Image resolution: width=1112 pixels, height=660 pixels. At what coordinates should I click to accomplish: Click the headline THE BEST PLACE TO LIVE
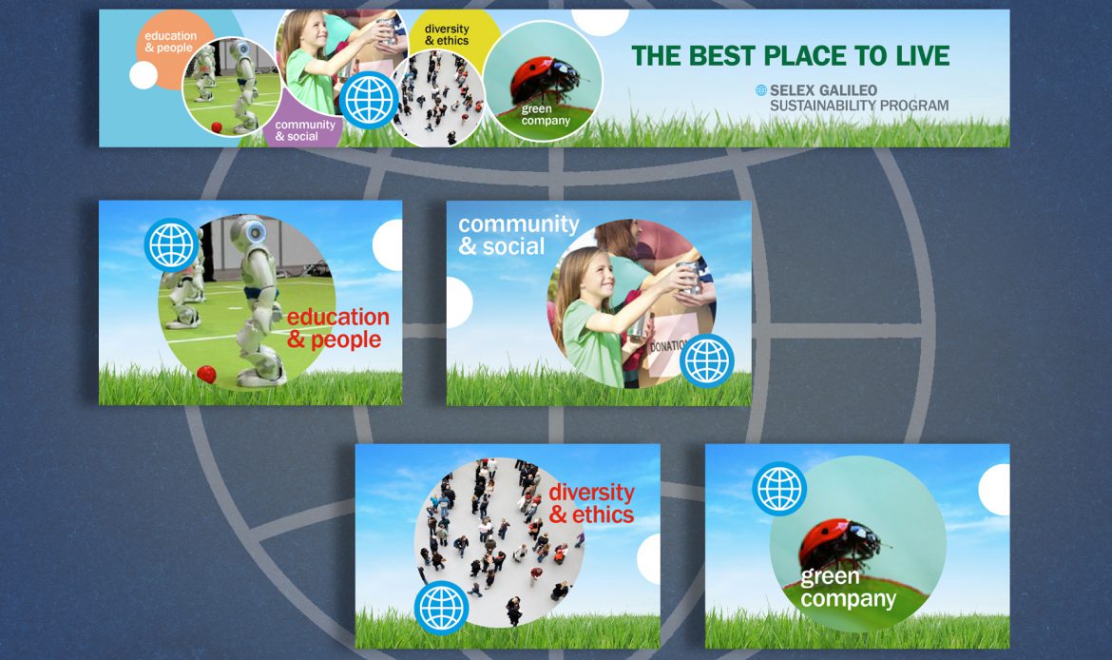click(x=790, y=55)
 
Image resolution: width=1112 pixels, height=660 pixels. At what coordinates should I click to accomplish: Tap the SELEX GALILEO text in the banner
click(x=823, y=90)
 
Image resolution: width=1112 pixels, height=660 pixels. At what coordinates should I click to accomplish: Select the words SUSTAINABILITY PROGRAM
click(x=859, y=105)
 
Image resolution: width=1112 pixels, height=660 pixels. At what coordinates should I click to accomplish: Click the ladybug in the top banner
click(x=545, y=80)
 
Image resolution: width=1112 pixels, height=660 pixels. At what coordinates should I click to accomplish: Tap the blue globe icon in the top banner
click(x=369, y=99)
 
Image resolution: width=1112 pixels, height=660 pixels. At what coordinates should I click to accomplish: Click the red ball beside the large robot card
click(x=206, y=374)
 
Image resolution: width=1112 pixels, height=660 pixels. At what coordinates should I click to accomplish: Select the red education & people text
click(x=338, y=328)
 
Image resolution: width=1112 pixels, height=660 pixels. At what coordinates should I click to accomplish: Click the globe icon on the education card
click(x=171, y=244)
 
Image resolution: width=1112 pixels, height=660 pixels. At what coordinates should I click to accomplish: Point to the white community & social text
click(x=518, y=235)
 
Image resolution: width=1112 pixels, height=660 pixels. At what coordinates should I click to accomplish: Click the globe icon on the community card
click(x=706, y=360)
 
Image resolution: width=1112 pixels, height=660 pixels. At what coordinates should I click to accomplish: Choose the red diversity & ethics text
click(x=591, y=503)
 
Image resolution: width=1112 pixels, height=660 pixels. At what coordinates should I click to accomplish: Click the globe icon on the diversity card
click(x=441, y=608)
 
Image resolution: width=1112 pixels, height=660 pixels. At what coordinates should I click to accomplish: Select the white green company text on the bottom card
click(x=848, y=589)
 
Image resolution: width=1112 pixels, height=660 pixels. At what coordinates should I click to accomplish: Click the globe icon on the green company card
click(x=778, y=489)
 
